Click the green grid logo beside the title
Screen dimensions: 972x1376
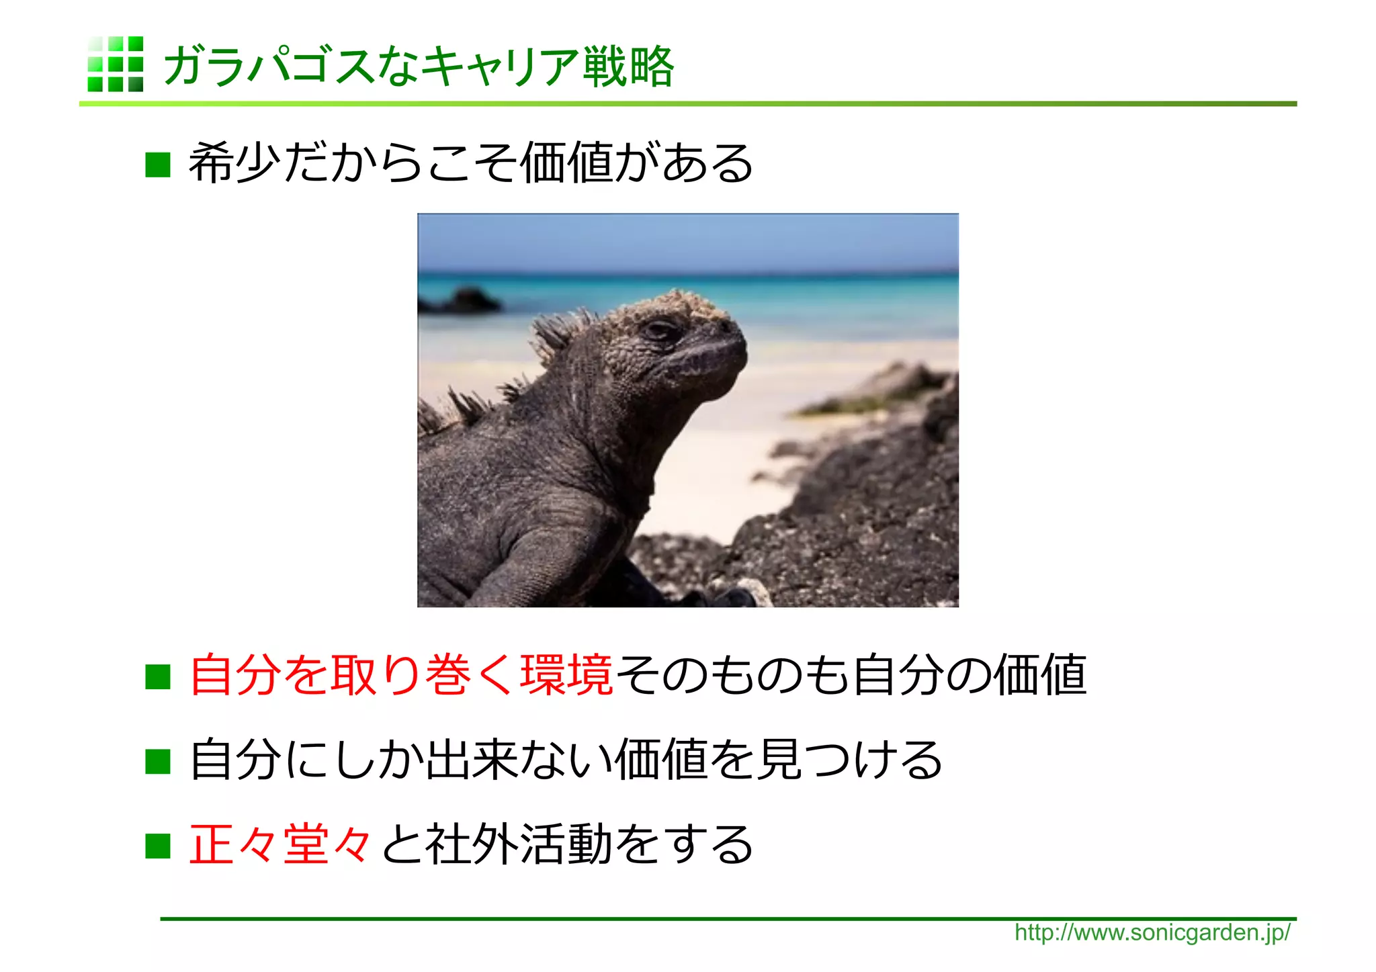click(115, 64)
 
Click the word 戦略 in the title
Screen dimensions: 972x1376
click(628, 67)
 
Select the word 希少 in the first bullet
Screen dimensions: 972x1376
click(234, 163)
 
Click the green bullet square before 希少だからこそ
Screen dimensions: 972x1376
click(158, 165)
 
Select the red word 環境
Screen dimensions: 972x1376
click(566, 674)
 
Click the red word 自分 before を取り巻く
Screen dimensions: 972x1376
click(235, 674)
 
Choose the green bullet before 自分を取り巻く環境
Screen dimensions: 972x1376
click(158, 676)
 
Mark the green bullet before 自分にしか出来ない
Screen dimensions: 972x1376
click(158, 761)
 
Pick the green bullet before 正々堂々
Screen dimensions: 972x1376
click(158, 846)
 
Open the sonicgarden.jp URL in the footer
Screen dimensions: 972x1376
click(1152, 932)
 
